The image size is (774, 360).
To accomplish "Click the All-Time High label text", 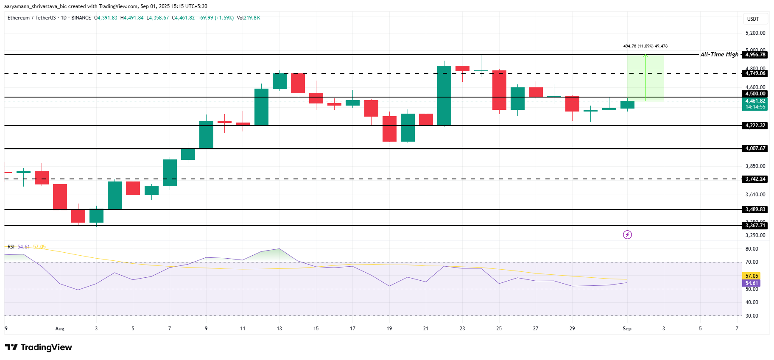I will click(x=719, y=54).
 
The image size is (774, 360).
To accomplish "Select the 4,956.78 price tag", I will click(x=755, y=55).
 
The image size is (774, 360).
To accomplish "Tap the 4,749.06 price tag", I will click(x=755, y=73).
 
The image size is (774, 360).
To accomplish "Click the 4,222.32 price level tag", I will click(x=755, y=126).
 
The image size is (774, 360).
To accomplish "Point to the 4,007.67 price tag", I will click(x=755, y=148).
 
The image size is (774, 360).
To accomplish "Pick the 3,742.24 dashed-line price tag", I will click(x=755, y=179).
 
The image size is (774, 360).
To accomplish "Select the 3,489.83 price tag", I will click(x=755, y=209).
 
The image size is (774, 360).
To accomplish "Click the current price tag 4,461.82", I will click(x=755, y=101).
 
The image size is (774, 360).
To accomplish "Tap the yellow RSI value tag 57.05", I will click(x=752, y=276).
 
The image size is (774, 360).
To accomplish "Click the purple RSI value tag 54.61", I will click(x=752, y=283).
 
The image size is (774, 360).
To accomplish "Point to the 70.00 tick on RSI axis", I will click(x=752, y=262).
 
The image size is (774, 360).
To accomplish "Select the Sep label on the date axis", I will click(x=627, y=329).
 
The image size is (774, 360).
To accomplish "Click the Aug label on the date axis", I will click(x=60, y=329).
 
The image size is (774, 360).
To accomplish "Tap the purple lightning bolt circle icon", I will click(x=627, y=234).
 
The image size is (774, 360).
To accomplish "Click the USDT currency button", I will click(x=753, y=19).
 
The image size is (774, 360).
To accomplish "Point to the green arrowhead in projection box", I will click(x=645, y=56).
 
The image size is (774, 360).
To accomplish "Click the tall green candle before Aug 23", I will click(x=444, y=95).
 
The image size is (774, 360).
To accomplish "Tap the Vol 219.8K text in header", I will click(x=249, y=18).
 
